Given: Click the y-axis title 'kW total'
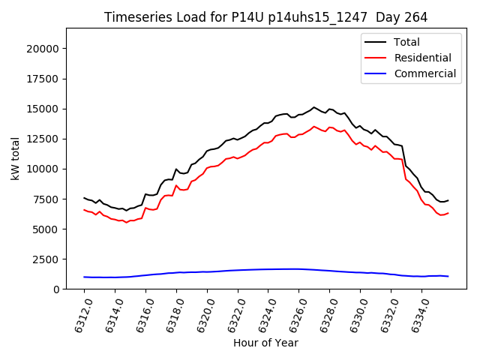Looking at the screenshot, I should point(16,158).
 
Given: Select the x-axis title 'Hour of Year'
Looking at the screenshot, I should point(265,343).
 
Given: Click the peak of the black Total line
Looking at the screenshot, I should point(314,107).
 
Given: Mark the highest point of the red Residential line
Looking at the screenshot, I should point(314,126).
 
